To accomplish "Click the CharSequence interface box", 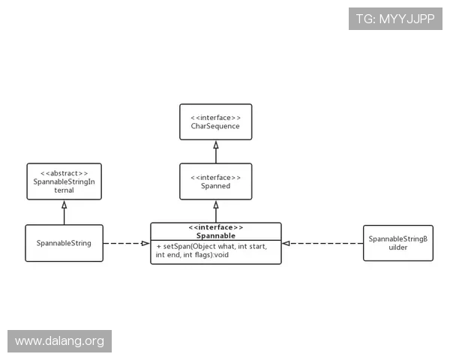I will [215, 121].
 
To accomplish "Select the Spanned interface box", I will [215, 181].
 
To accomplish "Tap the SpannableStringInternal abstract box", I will [64, 181].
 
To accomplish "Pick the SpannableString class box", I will [64, 243].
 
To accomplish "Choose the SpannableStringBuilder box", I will [397, 243].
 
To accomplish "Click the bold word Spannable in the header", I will [216, 235].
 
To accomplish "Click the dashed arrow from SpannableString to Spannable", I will [126, 243].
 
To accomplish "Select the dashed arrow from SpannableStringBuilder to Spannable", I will [322, 243].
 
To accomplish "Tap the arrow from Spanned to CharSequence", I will [216, 151].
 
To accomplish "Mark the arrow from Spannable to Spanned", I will [216, 211].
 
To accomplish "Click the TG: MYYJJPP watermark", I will [395, 18].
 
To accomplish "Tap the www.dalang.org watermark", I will [60, 341].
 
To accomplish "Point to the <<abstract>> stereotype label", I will [64, 172].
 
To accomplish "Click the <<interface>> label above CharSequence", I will [215, 117].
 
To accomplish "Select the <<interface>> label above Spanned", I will [215, 177].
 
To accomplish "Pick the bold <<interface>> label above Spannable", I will [216, 227].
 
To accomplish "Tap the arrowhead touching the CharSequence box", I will [216, 144].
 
